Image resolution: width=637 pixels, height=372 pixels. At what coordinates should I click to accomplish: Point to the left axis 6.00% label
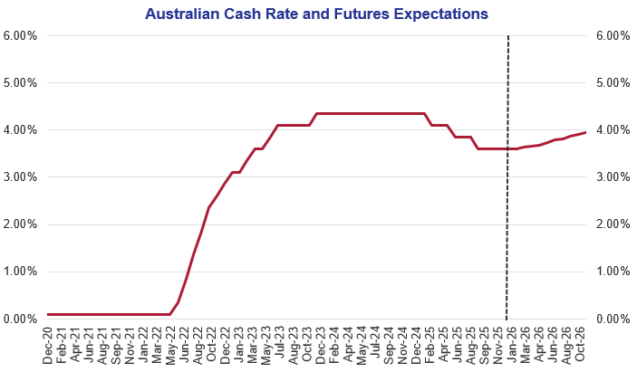pos(20,36)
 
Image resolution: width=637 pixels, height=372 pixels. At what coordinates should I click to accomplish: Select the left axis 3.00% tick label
pos(20,177)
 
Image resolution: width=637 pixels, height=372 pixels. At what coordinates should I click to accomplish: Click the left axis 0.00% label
pos(20,319)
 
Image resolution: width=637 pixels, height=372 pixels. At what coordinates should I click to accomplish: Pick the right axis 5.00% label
pos(613,83)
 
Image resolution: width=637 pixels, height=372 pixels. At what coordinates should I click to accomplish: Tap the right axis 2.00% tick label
pos(613,224)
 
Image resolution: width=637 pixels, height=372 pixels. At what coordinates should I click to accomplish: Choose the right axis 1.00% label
pos(613,272)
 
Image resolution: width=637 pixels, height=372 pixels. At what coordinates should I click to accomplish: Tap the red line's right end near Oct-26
pos(584,133)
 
